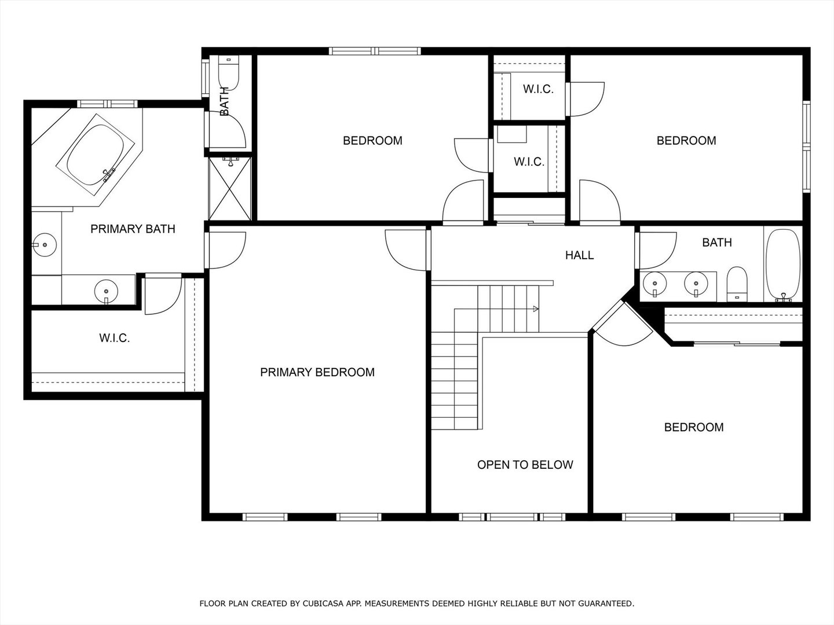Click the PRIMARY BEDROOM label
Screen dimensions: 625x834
317,372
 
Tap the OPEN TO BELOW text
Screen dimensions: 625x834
525,465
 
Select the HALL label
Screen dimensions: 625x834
579,255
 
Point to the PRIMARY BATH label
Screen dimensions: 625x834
133,229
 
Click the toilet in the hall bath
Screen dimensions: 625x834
737,283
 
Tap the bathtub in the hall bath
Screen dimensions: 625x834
783,266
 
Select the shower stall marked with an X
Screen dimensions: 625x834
230,189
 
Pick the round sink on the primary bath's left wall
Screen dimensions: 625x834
43,244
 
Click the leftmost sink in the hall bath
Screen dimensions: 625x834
654,284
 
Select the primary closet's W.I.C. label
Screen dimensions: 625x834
114,338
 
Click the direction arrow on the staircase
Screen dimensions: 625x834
536,309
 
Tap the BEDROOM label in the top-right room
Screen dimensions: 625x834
686,141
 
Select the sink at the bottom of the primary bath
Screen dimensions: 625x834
106,289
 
